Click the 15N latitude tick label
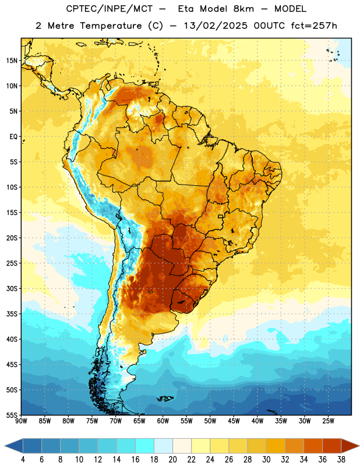12,61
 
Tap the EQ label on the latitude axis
13,137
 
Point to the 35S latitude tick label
12,314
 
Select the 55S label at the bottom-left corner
12,415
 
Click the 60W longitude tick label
163,421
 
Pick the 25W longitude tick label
328,421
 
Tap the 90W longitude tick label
21,421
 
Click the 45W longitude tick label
234,421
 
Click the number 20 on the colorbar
172,460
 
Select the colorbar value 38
341,460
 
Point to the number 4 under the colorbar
23,460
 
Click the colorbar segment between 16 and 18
145,446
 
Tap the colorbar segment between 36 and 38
332,446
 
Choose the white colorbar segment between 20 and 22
182,446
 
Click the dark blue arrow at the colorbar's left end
13,446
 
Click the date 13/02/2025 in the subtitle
216,26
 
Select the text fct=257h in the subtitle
314,26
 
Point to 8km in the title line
243,9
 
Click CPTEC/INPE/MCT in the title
109,9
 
